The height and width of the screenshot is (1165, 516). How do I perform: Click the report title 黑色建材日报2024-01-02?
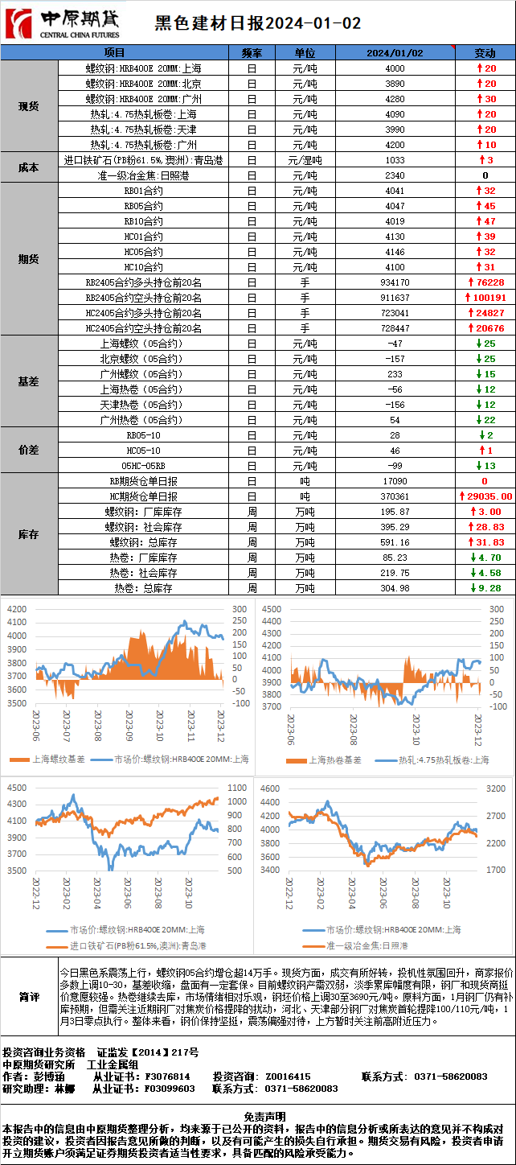[x=257, y=24]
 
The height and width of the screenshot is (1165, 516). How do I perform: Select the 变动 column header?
[x=485, y=53]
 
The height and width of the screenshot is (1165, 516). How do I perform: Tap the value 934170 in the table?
[x=394, y=282]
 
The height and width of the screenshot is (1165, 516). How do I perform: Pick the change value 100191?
[x=485, y=298]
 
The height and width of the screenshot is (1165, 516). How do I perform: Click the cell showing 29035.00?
[x=485, y=496]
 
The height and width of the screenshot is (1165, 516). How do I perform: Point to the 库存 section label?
[x=29, y=535]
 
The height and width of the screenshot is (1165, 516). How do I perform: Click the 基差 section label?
[x=29, y=382]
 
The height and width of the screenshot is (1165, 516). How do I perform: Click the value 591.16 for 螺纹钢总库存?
[x=394, y=542]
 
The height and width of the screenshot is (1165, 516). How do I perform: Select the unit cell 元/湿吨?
[x=305, y=160]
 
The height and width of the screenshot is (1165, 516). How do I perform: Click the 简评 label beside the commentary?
[x=29, y=998]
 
